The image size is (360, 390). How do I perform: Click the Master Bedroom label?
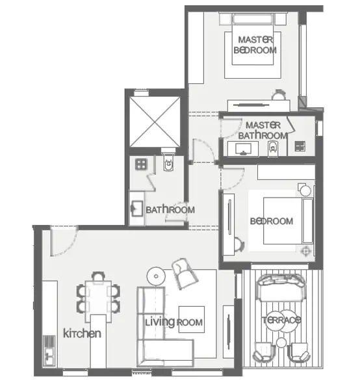click(255, 45)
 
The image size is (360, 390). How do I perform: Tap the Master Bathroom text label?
click(263, 131)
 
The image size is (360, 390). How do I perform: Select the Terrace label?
click(281, 320)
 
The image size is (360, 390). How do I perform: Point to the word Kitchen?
click(82, 333)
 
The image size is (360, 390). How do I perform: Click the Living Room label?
click(174, 322)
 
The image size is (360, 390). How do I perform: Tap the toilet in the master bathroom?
click(273, 148)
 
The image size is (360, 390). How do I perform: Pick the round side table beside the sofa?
click(156, 276)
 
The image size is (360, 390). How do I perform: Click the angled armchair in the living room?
click(185, 274)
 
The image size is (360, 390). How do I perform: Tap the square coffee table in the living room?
click(192, 319)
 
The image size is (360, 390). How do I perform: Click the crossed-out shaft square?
click(155, 122)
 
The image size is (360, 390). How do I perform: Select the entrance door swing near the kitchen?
click(64, 240)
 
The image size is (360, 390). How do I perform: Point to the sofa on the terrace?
click(281, 288)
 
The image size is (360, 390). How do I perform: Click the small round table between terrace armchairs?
click(281, 343)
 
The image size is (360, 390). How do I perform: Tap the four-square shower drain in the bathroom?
click(141, 164)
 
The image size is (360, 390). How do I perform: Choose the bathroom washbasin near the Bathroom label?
click(136, 209)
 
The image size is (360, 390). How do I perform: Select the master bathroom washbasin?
click(243, 149)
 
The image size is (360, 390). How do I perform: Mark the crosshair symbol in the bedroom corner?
click(305, 251)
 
